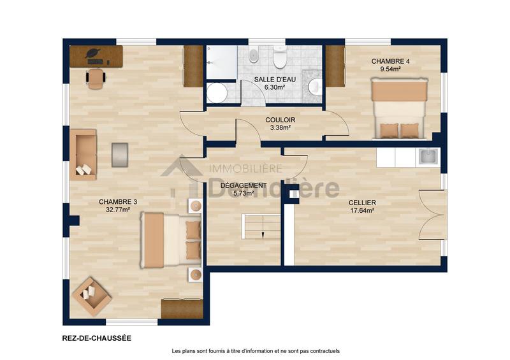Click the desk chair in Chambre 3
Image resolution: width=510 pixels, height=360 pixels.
(96, 78)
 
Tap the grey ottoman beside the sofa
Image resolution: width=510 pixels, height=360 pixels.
(120, 155)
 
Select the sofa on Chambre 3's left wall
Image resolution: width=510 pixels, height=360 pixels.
(83, 154)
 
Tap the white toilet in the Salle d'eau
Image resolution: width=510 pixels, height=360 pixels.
(279, 57)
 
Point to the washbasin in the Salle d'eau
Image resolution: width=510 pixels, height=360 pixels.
(315, 86)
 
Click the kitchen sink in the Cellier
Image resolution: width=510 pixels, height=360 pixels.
(426, 155)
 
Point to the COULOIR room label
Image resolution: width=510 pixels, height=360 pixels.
(280, 119)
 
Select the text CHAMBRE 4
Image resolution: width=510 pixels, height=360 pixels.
(390, 61)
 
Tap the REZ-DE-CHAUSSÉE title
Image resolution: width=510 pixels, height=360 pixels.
(96, 338)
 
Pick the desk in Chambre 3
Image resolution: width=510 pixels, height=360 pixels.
(96, 55)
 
